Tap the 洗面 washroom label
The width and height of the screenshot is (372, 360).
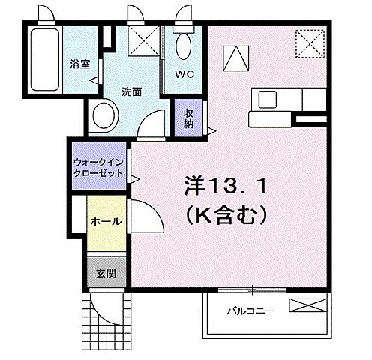pyautogui.click(x=131, y=92)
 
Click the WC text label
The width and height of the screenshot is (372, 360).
pyautogui.click(x=185, y=75)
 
